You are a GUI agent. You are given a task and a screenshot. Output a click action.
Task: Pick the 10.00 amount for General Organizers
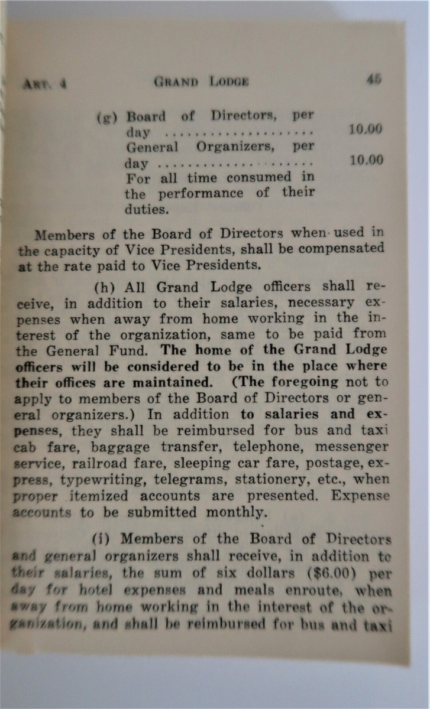(366, 160)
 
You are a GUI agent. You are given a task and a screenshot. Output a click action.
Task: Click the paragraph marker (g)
(107, 116)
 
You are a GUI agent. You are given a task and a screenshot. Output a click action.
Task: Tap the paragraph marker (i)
(105, 539)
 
